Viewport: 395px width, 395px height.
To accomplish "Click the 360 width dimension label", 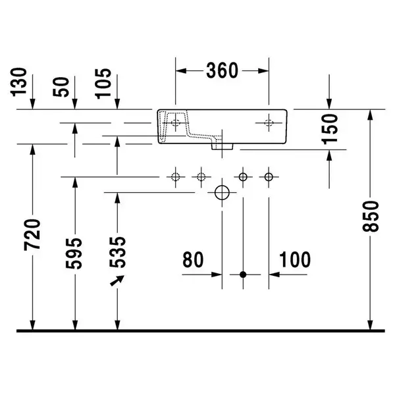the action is pos(222,70).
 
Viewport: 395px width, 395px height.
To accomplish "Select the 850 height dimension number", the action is pos(371,216).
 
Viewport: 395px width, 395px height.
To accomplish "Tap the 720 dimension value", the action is pos(32,235).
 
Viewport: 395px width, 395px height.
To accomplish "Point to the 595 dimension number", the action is pos(74,253).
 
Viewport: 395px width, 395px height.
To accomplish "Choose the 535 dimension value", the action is pos(117,252).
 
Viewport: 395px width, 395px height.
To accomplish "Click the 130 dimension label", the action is pos(18,82).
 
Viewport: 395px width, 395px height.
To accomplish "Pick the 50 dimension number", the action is pos(61,87).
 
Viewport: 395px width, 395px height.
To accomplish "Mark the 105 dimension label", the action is pos(103,84).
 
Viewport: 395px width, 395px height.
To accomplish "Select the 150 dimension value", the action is pos(330,129).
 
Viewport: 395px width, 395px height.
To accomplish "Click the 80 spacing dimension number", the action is pos(193,259).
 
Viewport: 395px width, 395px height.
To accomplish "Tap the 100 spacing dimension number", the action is pos(295,259).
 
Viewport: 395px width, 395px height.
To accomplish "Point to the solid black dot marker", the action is pos(243,275).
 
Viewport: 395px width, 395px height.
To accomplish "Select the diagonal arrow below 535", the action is pos(117,280).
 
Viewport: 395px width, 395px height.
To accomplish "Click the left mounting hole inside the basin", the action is pos(176,123).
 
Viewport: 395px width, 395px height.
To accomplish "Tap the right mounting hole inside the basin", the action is pos(269,123).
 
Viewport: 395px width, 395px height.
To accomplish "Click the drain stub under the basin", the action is pos(222,147).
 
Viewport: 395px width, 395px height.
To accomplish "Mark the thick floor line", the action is pos(201,330).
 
